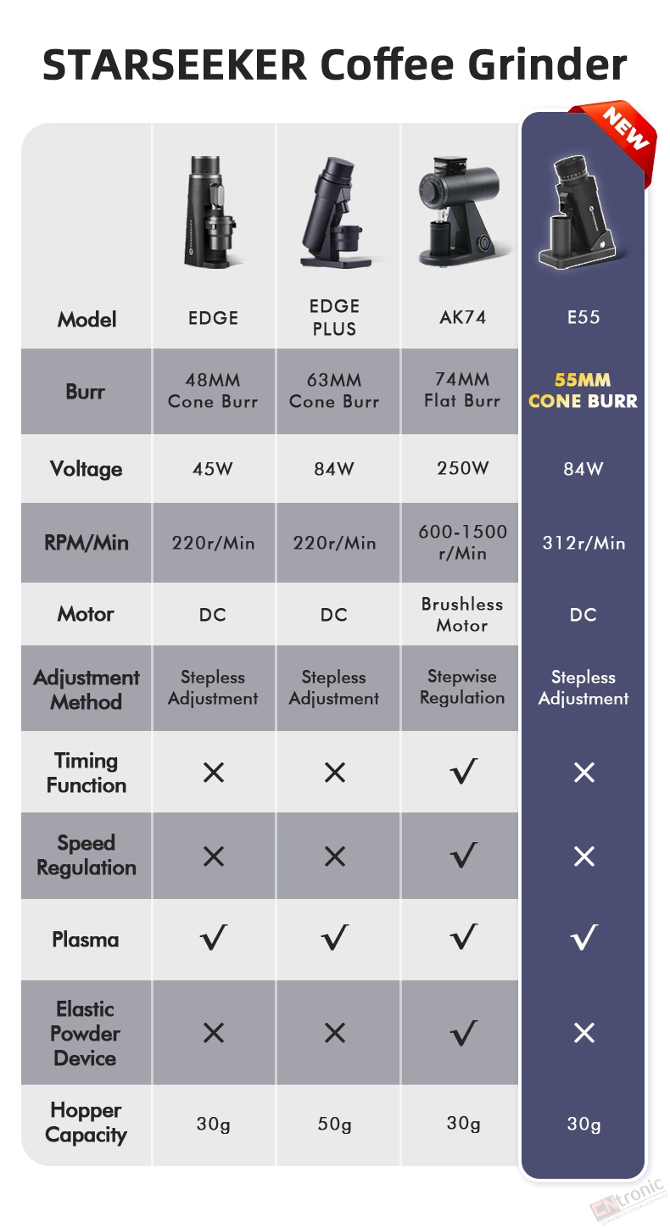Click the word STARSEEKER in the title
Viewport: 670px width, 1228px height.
coord(175,64)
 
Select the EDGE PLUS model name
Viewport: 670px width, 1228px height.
coord(334,317)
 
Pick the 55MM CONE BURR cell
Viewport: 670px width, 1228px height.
coord(583,390)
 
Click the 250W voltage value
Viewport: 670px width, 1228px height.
coord(463,468)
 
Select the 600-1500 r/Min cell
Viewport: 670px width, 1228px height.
coord(462,542)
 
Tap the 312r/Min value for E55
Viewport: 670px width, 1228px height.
coord(583,543)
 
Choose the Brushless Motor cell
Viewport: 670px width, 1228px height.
coord(462,615)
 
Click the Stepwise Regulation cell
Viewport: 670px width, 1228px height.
coord(462,686)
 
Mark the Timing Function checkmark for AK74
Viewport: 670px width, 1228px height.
coord(464,771)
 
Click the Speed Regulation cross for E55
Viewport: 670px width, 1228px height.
coord(584,856)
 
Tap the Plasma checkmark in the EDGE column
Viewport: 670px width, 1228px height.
coord(213,937)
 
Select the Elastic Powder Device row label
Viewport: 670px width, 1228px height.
coord(86,1034)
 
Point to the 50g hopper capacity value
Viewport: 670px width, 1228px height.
coord(334,1124)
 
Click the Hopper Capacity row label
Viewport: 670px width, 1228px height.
coord(86,1123)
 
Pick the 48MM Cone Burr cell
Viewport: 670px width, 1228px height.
coord(213,390)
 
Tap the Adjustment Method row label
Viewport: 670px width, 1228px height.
coord(86,689)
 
